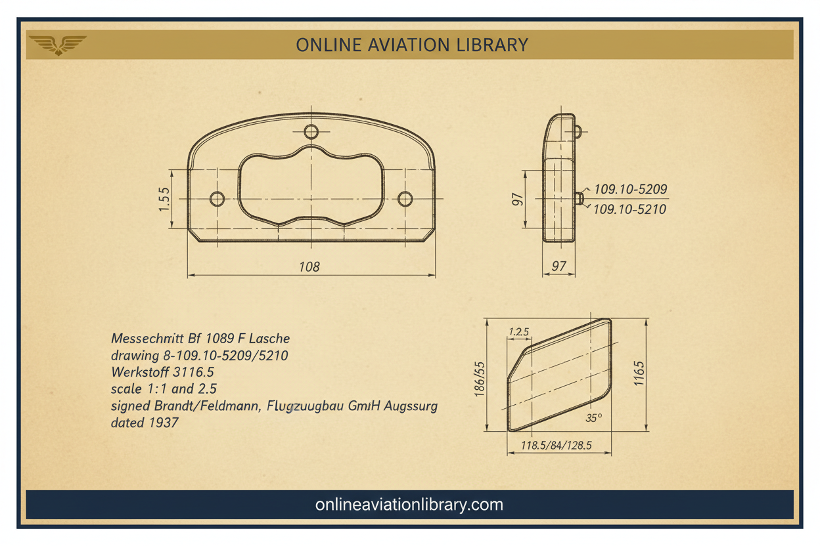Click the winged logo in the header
(x=58, y=45)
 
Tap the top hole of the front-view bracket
(x=311, y=132)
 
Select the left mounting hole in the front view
(x=217, y=199)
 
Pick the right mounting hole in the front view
(x=405, y=199)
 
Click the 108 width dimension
(x=309, y=267)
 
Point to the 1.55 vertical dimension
(x=164, y=199)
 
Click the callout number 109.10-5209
(x=630, y=189)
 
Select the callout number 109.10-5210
(x=629, y=209)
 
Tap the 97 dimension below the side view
(x=559, y=266)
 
